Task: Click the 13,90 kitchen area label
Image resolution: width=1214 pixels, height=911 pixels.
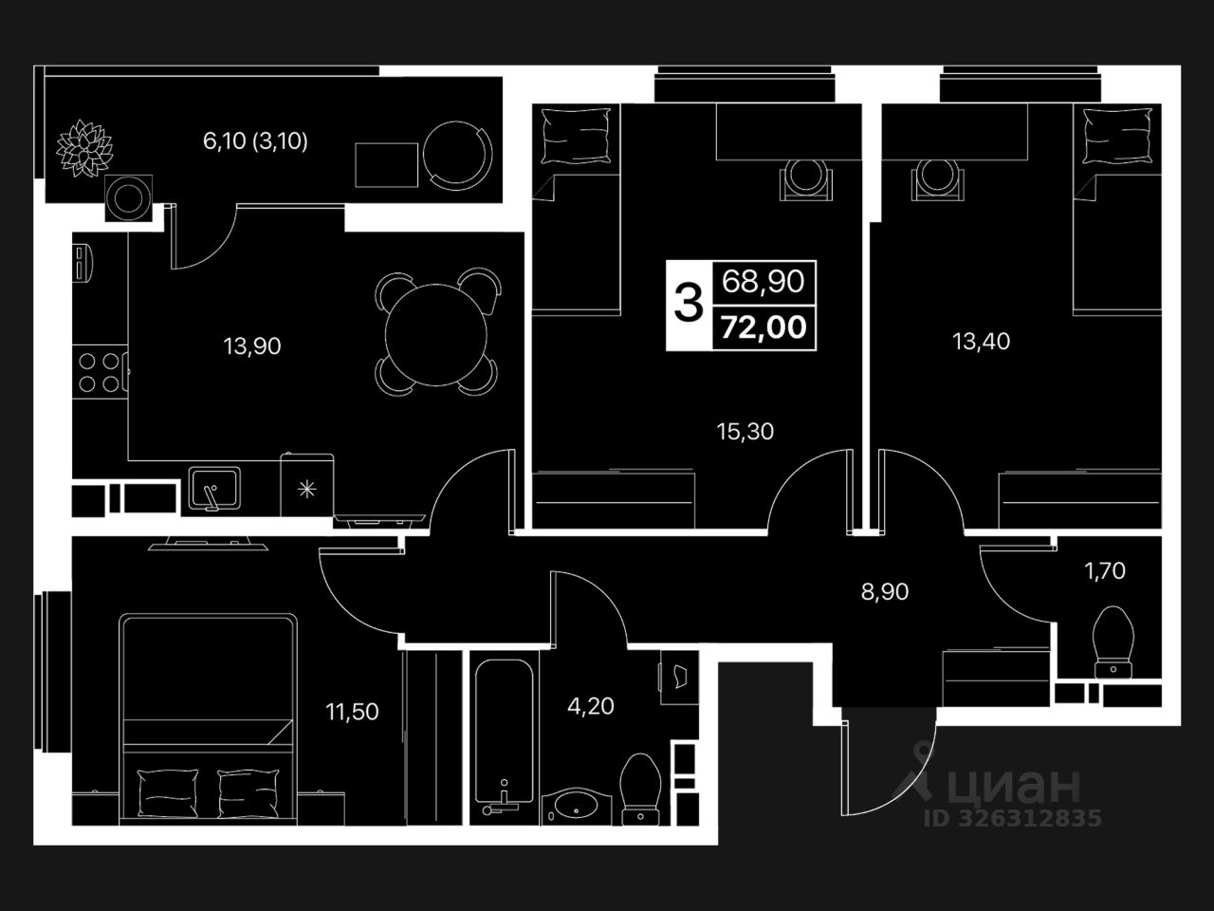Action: [252, 346]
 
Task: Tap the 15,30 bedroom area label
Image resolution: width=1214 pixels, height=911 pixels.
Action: [745, 432]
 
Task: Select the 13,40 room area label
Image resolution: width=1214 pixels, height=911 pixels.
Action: [981, 341]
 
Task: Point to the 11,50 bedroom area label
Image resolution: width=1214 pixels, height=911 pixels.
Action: [352, 712]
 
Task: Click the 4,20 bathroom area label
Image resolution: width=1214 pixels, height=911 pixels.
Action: [590, 706]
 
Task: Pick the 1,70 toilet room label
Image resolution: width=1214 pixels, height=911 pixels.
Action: [1105, 570]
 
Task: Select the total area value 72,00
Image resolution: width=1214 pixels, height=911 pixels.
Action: [763, 327]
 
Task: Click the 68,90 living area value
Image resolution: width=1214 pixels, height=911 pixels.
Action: [763, 281]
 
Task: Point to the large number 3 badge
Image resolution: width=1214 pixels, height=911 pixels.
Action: [689, 305]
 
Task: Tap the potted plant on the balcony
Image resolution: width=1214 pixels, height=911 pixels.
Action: [84, 148]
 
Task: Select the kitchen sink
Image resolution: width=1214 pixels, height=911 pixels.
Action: [214, 488]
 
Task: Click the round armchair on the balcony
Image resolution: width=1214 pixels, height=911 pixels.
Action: [458, 155]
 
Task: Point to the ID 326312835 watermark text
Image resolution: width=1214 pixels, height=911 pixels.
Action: [1014, 818]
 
